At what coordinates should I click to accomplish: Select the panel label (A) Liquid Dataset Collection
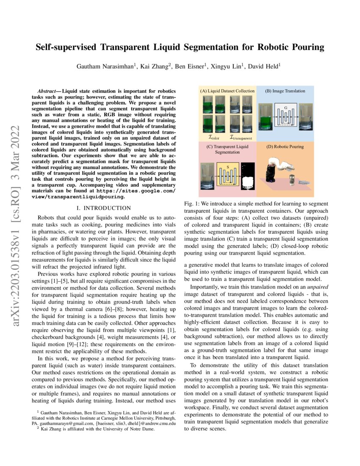coord(227,91)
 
